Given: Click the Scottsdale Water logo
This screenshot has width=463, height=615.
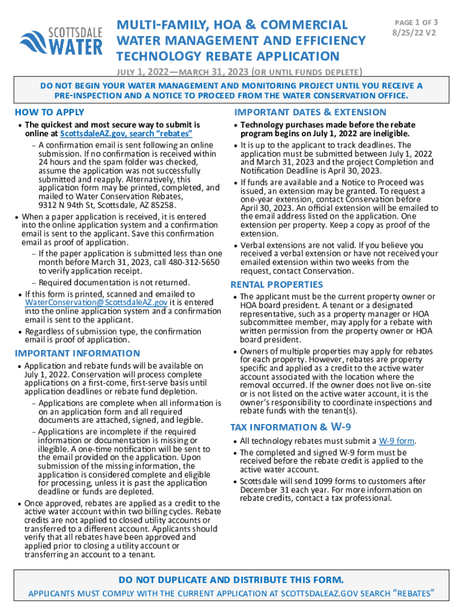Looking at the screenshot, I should coord(61,40).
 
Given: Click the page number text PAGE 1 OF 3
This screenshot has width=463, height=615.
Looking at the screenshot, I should coord(415,22).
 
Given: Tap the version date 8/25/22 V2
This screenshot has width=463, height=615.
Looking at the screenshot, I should coord(415,33).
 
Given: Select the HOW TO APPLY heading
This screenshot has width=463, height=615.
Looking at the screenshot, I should coord(49,112).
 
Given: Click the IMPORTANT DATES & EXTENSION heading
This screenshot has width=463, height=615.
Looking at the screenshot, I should coord(310,112).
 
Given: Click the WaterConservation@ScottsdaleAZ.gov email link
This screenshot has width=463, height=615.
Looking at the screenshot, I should coord(96,302).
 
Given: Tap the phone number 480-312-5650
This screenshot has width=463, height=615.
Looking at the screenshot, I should coord(193,263).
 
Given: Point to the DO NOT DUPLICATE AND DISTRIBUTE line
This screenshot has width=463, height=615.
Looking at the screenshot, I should coord(231,580).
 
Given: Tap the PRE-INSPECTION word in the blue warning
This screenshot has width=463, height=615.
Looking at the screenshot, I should coord(86,96).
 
